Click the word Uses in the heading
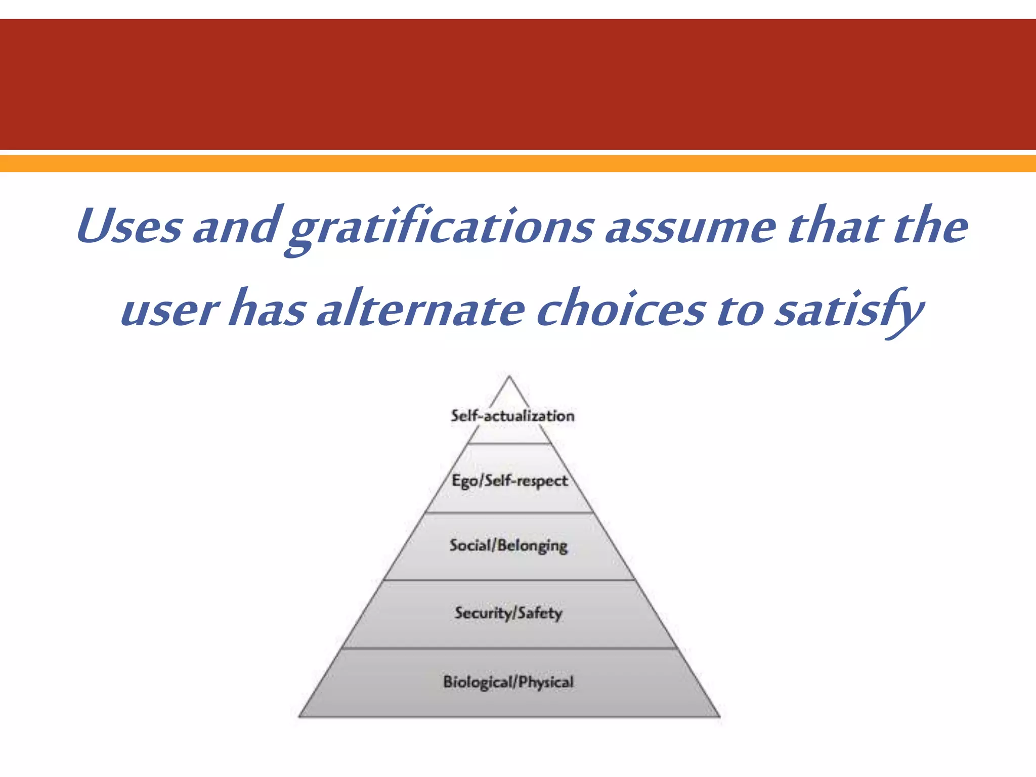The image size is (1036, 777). (129, 226)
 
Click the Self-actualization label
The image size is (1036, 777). (512, 416)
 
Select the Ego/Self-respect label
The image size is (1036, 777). (509, 480)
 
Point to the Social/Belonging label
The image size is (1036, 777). (508, 545)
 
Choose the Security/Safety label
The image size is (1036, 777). (508, 613)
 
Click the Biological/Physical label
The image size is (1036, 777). (508, 682)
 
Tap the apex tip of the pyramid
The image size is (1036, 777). (509, 377)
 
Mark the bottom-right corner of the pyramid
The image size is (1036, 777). (719, 716)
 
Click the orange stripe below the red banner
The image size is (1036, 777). (518, 163)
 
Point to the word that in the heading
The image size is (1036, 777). (835, 226)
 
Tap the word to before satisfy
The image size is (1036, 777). (741, 310)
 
